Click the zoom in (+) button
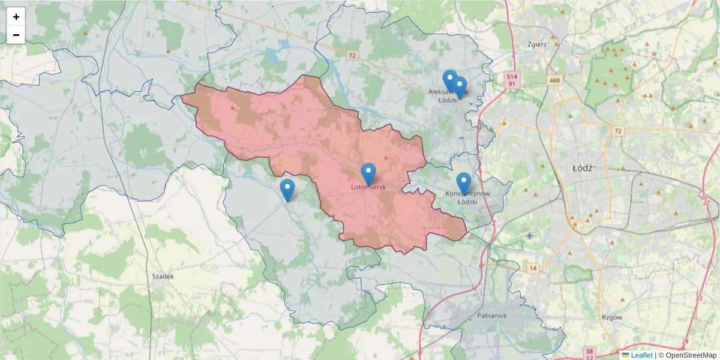(16, 17)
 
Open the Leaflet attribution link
(641, 355)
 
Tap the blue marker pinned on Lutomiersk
(368, 173)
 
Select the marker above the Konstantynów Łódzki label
(464, 183)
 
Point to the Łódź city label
(582, 168)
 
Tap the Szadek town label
(163, 277)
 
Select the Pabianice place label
(492, 316)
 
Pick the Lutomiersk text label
(368, 187)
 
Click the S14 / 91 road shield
(511, 80)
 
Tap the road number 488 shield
(554, 80)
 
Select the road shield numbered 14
(533, 268)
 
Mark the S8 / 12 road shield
(590, 354)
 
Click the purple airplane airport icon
(529, 235)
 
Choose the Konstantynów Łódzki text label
(467, 197)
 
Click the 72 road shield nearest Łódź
(618, 131)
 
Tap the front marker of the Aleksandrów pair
(460, 87)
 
